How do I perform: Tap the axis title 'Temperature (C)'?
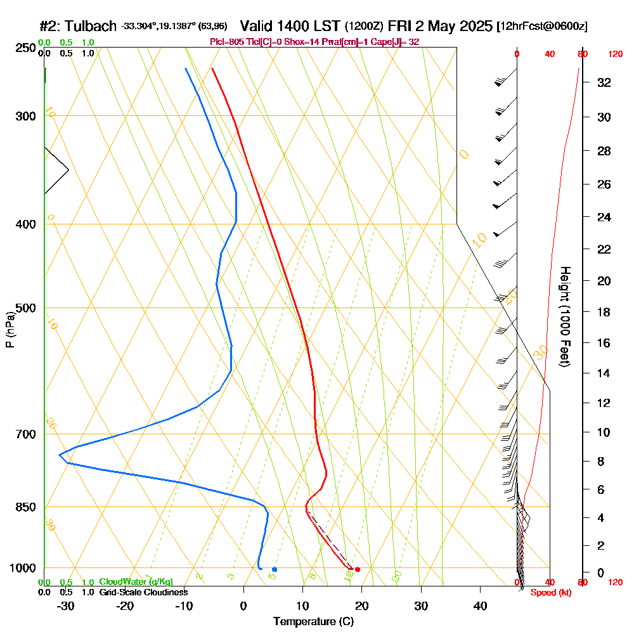[313, 621]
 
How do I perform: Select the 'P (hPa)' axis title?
[10, 330]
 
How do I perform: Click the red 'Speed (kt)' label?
[549, 593]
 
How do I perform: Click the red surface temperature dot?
[358, 569]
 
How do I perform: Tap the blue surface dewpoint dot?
[274, 569]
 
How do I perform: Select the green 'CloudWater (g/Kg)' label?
[136, 581]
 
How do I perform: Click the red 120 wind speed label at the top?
[616, 54]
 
